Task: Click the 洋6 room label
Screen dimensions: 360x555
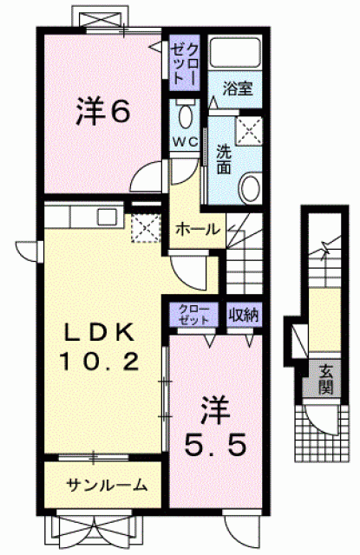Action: click(x=103, y=112)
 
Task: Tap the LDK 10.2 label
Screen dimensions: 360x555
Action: click(x=100, y=347)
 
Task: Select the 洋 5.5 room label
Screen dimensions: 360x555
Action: click(x=215, y=426)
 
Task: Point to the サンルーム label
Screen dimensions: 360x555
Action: click(x=107, y=485)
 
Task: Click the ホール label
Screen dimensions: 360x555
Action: click(x=198, y=230)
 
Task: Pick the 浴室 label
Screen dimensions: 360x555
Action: click(x=238, y=88)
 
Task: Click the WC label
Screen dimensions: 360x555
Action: click(x=185, y=142)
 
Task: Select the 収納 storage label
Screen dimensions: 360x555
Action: click(x=244, y=315)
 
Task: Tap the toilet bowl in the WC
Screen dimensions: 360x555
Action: click(x=185, y=115)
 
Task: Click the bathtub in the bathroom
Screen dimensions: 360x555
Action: click(x=235, y=52)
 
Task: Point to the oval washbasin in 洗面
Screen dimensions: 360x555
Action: click(x=251, y=187)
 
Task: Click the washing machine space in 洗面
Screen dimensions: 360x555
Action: click(x=249, y=131)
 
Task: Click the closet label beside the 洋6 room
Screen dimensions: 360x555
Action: click(x=185, y=62)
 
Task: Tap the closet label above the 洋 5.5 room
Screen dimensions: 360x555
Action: click(x=193, y=314)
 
